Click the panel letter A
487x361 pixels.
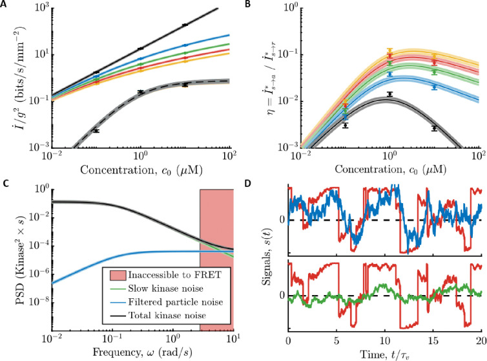click(x=5, y=6)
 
